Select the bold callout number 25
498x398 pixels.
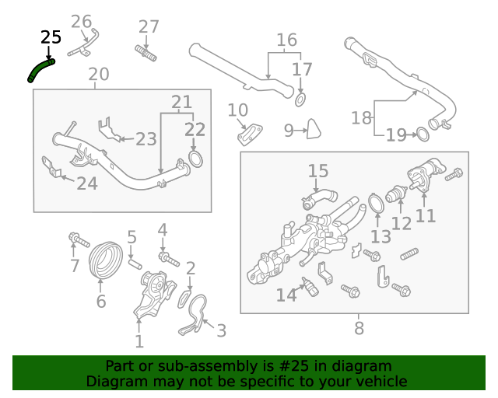[x=51, y=37]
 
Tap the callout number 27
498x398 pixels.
[x=149, y=26]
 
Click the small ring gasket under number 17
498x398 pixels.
[x=301, y=99]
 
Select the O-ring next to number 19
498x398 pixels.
[x=421, y=134]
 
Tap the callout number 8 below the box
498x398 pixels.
[x=359, y=329]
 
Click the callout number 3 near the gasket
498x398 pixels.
[x=221, y=332]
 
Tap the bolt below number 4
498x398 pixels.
[x=165, y=256]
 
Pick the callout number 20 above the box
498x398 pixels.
[x=99, y=75]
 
